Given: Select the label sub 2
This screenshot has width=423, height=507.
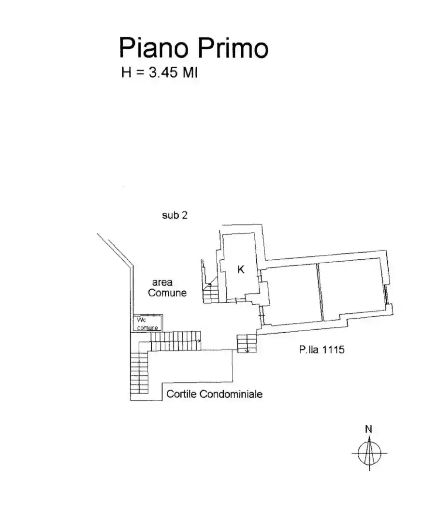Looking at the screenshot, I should pyautogui.click(x=175, y=215).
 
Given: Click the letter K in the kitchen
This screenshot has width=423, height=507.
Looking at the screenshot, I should pyautogui.click(x=241, y=270).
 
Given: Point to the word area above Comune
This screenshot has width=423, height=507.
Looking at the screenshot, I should pyautogui.click(x=162, y=282).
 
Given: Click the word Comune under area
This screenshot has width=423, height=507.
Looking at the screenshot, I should pyautogui.click(x=167, y=293).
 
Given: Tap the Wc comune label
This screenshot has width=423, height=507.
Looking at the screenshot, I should pyautogui.click(x=147, y=324).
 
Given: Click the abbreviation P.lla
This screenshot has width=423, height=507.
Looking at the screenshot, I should pyautogui.click(x=307, y=350).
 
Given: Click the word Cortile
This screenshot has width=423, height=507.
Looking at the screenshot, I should pyautogui.click(x=181, y=394).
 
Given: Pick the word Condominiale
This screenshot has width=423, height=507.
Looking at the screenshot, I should pyautogui.click(x=231, y=394).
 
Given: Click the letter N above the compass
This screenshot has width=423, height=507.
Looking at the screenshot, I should pyautogui.click(x=369, y=428).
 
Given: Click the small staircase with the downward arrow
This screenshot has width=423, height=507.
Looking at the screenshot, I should pyautogui.click(x=246, y=343).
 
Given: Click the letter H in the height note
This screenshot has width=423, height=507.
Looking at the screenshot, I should pyautogui.click(x=127, y=73).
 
